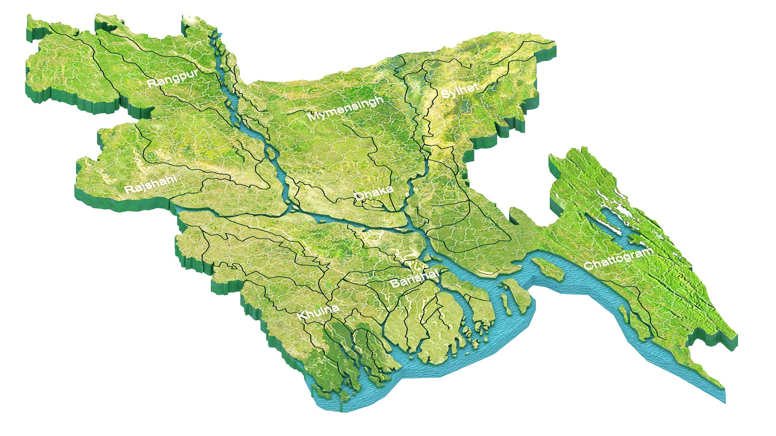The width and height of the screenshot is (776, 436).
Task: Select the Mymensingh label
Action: coord(345,108)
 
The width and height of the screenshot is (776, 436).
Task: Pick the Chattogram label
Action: coord(618,259)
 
